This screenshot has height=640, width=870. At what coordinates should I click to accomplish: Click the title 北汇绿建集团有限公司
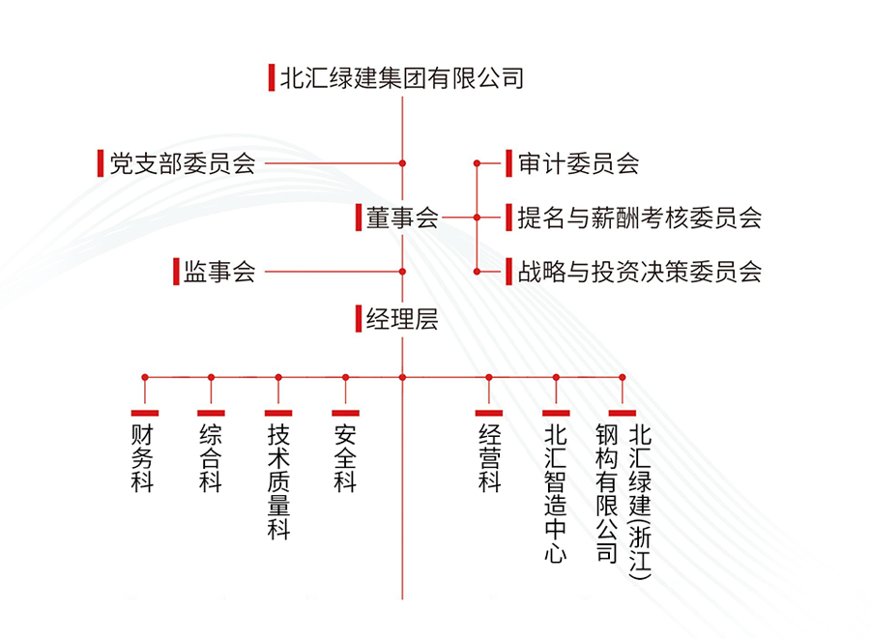[401, 77]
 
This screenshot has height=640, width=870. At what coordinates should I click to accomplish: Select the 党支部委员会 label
[183, 163]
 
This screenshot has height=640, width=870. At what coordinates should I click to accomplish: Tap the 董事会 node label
[402, 218]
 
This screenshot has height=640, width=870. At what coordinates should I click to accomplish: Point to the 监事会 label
[219, 272]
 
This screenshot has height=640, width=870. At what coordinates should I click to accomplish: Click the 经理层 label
[402, 318]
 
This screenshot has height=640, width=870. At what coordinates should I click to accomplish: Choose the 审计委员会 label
[578, 163]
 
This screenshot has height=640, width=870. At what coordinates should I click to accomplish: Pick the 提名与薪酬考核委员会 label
[639, 218]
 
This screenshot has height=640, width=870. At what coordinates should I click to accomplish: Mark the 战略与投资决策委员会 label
[639, 272]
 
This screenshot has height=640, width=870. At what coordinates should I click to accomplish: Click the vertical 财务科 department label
[143, 457]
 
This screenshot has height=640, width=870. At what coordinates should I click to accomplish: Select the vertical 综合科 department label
[211, 457]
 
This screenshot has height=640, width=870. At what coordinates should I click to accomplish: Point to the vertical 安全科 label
[345, 457]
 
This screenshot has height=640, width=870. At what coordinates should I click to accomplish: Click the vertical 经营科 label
[489, 457]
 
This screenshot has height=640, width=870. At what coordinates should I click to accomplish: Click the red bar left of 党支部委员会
[101, 163]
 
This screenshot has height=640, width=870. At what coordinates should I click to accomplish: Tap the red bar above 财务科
[144, 413]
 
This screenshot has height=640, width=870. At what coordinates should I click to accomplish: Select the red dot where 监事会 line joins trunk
[402, 272]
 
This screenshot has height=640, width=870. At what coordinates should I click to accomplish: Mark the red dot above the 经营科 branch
[489, 377]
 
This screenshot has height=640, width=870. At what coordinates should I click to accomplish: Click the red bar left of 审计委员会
[508, 163]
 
